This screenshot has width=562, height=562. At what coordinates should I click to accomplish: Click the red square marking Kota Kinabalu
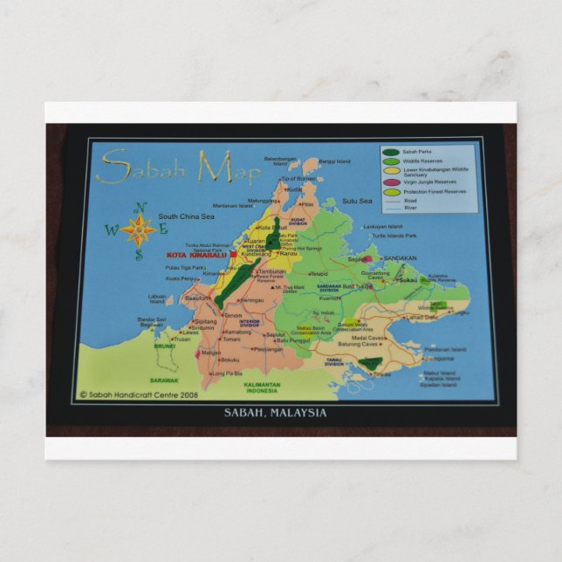[x=233, y=255]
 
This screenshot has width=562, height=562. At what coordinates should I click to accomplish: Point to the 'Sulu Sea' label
[x=357, y=201]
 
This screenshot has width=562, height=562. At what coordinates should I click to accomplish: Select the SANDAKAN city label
[x=400, y=258]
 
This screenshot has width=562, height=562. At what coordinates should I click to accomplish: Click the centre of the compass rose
[x=138, y=231]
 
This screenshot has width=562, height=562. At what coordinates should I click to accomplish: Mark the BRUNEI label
[x=165, y=346]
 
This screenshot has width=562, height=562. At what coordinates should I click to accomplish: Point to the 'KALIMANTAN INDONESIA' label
[x=261, y=387]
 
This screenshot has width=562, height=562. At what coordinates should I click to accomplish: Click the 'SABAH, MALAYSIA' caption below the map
[x=275, y=413]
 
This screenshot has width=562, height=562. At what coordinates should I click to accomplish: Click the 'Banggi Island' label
[x=333, y=161]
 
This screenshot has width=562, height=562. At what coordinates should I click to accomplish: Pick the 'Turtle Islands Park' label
[x=394, y=236]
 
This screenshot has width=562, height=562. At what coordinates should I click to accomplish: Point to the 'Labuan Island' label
[x=157, y=298]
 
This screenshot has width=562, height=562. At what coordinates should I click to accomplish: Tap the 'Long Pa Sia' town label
[x=227, y=374]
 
